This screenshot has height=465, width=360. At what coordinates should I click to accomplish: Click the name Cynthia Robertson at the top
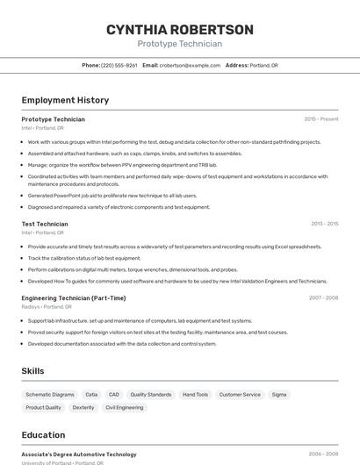[x=180, y=30]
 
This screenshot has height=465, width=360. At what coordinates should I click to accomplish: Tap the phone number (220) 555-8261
[x=119, y=66]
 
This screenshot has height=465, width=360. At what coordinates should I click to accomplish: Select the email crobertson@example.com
[x=190, y=66]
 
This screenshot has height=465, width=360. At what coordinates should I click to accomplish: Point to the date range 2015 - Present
[x=321, y=119]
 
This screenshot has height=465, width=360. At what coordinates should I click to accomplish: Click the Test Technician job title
[x=45, y=224]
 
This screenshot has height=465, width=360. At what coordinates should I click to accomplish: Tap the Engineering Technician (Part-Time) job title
[x=74, y=298]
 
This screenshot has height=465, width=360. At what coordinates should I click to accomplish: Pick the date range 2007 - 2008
[x=323, y=298]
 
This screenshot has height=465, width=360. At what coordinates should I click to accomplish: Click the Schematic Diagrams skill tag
[x=50, y=395]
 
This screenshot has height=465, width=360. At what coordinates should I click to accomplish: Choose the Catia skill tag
[x=91, y=395]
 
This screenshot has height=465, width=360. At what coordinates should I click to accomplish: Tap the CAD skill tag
[x=114, y=395]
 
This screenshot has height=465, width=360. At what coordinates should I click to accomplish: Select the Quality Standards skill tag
[x=151, y=395]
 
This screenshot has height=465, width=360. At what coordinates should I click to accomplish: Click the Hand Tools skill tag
[x=195, y=395]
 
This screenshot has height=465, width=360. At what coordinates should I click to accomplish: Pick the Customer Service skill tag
[x=240, y=395]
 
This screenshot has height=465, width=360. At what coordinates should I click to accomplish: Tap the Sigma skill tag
[x=279, y=395]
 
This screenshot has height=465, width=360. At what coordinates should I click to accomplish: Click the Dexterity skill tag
[x=83, y=408]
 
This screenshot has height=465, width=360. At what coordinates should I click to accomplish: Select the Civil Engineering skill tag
[x=124, y=408]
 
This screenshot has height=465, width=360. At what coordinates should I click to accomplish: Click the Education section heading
[x=43, y=435]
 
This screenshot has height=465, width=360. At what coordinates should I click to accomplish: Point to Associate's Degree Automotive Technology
[x=79, y=454]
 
